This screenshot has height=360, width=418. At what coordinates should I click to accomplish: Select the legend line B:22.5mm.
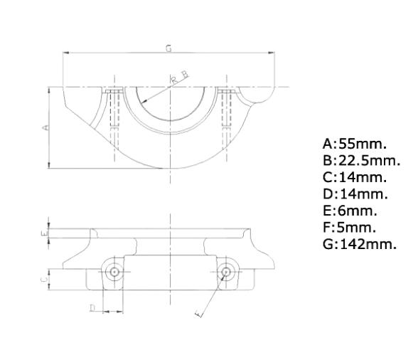pos(361,160)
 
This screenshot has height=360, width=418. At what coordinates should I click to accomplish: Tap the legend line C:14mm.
pos(354,177)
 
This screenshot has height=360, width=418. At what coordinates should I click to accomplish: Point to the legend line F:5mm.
pos(349,228)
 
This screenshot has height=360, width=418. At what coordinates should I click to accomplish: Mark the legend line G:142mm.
pos(359,245)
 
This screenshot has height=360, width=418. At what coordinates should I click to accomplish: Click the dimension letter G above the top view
pos(168,48)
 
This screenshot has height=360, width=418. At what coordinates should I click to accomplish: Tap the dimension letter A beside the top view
pos(45,127)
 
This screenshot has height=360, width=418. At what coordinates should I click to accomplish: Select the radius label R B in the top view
pos(178,77)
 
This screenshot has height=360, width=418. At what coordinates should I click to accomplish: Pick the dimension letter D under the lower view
pos(92,307)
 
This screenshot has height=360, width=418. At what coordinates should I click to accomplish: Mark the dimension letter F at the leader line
pos(199,312)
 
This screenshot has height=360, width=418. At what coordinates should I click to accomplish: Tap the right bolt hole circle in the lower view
pos(226,271)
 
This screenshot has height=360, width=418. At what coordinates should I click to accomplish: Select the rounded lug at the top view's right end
pos(257,95)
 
